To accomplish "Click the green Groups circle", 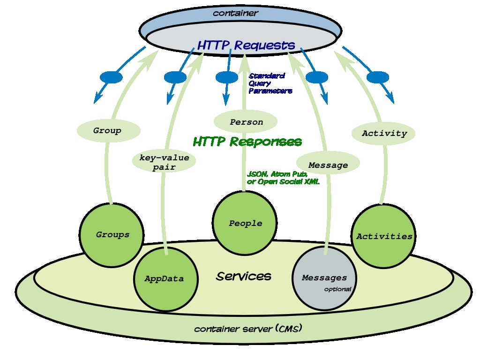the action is [x=112, y=235].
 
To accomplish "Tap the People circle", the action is [x=245, y=223].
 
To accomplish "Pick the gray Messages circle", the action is [x=324, y=278].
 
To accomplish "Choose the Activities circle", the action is [x=383, y=236].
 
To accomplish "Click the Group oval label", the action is [x=108, y=131].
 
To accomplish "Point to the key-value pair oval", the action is [x=164, y=162].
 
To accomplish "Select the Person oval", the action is [x=246, y=121].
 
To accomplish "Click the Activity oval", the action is [x=383, y=133].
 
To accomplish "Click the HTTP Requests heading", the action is [x=246, y=45].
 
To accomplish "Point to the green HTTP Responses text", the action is [x=247, y=142].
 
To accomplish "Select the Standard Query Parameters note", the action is [x=270, y=83].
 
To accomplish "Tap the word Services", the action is [x=244, y=276].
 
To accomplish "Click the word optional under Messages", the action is [x=337, y=289].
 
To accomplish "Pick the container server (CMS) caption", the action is [x=248, y=329].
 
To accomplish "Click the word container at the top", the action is [x=235, y=13].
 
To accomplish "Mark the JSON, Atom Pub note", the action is [x=283, y=178].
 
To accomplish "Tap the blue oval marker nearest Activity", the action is [x=378, y=77].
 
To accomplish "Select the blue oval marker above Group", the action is [x=111, y=77].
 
